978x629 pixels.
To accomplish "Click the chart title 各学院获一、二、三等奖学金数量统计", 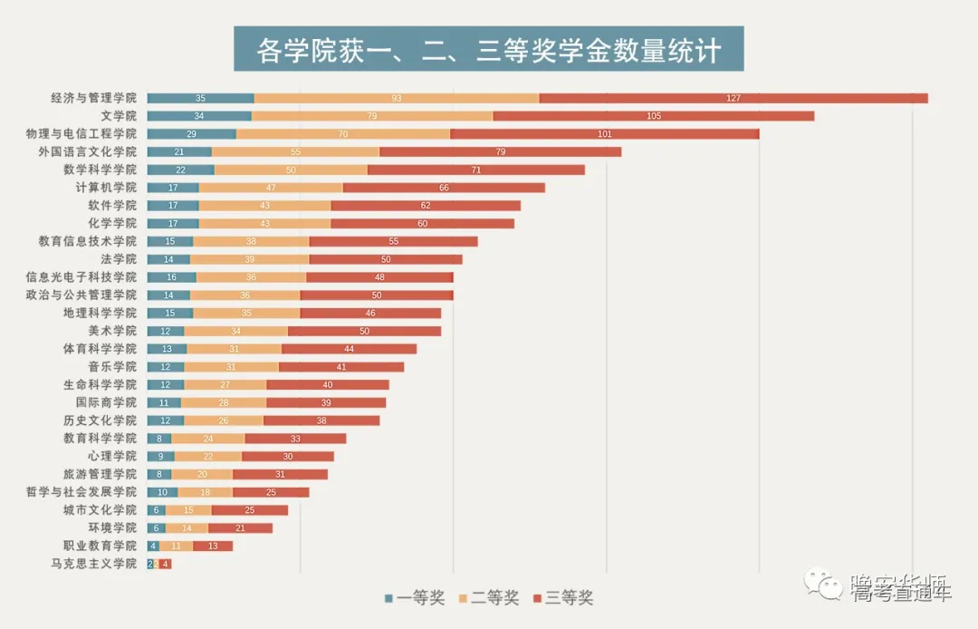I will click(x=488, y=49).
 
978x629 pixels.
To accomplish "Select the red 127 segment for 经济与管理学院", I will click(x=733, y=98).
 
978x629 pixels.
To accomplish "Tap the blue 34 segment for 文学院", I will click(x=199, y=116).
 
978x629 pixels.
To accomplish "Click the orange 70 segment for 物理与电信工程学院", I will click(x=343, y=134).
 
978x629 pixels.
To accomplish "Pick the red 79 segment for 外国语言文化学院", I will click(x=500, y=151).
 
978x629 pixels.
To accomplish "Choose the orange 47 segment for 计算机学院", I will click(x=271, y=188).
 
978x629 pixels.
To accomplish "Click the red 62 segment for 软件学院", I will click(x=426, y=206).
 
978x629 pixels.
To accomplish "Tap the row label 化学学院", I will click(x=112, y=223).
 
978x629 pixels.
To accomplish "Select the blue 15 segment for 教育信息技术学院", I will click(x=170, y=241).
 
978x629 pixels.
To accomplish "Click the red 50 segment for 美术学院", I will click(x=364, y=331).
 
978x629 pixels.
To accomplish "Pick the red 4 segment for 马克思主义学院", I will click(x=165, y=564).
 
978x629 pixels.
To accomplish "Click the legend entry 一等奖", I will click(x=415, y=598).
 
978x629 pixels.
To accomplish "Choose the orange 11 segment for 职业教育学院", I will click(x=176, y=546).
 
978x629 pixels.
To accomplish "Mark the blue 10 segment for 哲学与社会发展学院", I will click(x=162, y=492).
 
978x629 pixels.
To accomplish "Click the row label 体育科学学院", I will click(x=100, y=349).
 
